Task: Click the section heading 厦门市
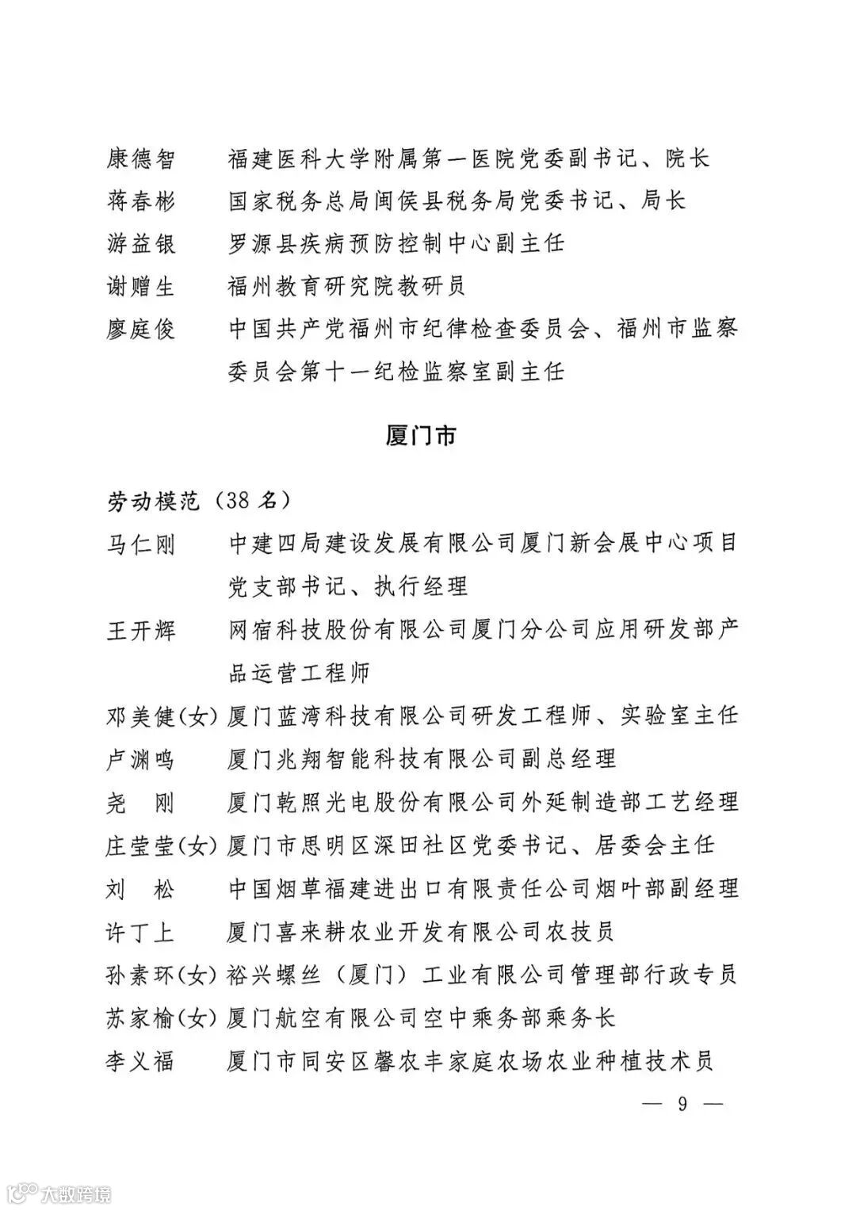(421, 436)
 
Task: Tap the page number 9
(682, 1103)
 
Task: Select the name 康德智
(140, 159)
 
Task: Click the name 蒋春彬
(140, 201)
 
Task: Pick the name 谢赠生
(140, 286)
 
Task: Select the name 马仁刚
(140, 544)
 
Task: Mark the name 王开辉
(140, 631)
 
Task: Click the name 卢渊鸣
(140, 759)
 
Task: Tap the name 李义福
(140, 1060)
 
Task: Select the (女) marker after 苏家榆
(197, 1017)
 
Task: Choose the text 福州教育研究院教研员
(346, 286)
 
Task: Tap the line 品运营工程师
(299, 674)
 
